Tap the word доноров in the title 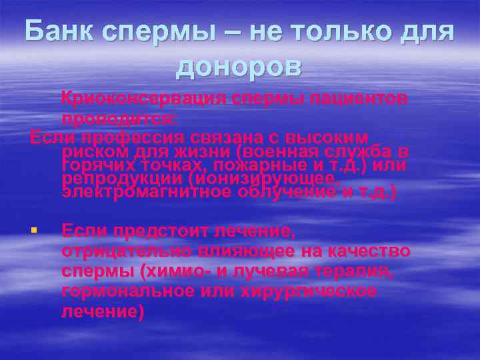[240, 67]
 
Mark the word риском [93, 151]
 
